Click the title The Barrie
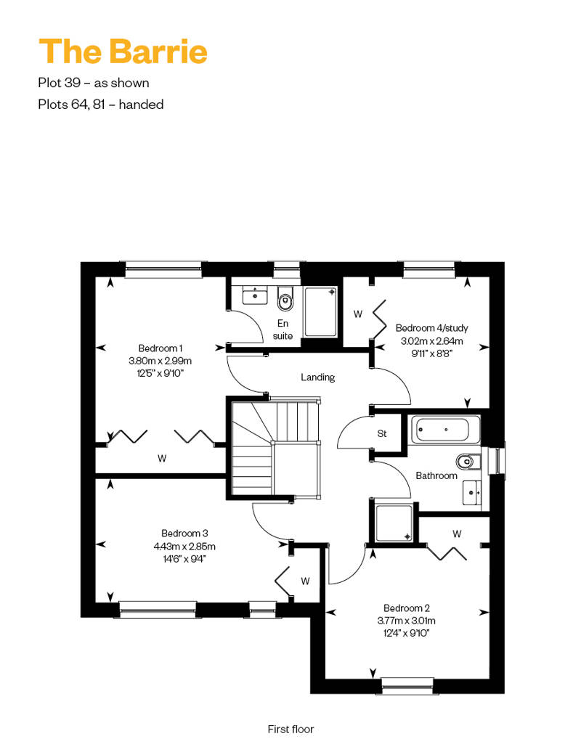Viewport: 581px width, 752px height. pos(123,52)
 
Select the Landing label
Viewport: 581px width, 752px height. pos(317,377)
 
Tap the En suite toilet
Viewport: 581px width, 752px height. pos(285,298)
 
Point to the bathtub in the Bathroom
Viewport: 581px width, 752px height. pos(443,430)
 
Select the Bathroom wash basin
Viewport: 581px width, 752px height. pos(471,493)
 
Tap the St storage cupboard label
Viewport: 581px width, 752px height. pos(382,433)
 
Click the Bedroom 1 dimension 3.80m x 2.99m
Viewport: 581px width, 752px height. pos(161,361)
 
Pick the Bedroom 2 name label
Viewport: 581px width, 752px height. pos(407,608)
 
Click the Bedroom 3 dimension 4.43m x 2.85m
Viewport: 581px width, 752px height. pos(184,547)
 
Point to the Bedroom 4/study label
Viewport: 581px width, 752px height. pos(432,328)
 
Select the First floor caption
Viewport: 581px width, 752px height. pos(290,729)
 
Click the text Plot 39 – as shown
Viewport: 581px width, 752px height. pos(94,83)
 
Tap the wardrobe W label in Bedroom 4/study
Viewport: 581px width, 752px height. pos(358,314)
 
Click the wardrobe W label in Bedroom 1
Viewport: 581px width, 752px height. pos(162,459)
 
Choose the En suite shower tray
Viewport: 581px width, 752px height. pos(320,311)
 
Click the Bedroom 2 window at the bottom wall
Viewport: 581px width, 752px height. pos(407,686)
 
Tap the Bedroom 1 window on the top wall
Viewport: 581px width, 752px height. pos(163,269)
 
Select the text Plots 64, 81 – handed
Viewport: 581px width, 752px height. pos(101,105)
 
